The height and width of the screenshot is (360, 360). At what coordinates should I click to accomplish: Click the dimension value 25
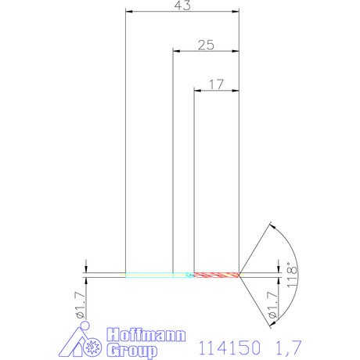tap(205, 45)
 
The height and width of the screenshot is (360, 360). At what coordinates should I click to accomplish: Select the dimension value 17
tap(217, 83)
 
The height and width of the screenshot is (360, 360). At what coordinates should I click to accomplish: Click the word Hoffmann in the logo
tap(146, 335)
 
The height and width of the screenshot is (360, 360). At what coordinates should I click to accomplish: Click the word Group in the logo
tap(131, 350)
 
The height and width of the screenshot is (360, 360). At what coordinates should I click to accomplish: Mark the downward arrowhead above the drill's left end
tap(85, 268)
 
